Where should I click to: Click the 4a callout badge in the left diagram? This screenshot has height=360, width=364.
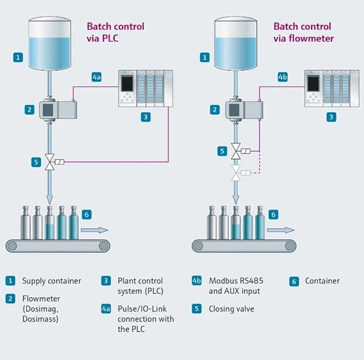coord(97,77)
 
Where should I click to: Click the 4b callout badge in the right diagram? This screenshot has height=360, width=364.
coord(283,77)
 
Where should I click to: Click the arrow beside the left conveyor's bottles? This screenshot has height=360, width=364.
coord(95,230)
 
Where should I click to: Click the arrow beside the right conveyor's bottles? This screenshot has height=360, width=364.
coord(281,230)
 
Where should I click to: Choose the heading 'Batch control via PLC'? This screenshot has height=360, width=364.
coord(115,32)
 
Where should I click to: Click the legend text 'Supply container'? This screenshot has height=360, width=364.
coord(52,281)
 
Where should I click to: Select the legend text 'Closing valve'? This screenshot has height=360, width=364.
coord(232,308)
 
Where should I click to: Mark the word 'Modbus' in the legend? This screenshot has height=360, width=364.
coord(222,281)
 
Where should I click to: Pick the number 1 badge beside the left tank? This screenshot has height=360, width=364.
coord(19,58)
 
